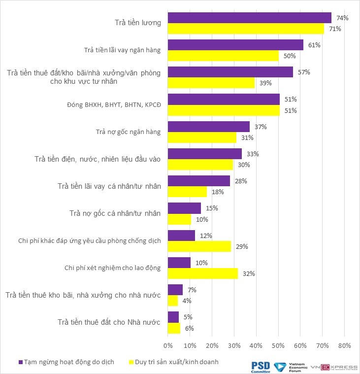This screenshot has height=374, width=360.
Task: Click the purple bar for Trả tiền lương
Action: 249,18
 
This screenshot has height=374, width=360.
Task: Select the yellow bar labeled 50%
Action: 223,56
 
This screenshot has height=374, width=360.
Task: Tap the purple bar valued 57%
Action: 230,72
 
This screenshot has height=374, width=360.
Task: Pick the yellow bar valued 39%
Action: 211,83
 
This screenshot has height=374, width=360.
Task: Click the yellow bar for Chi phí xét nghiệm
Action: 202,273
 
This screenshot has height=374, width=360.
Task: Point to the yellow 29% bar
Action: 199,246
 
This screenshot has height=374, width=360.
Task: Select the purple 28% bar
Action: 198,181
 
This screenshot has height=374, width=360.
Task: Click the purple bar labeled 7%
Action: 175,290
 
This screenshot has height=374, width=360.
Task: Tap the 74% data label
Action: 342,18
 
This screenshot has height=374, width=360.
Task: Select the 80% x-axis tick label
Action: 344,345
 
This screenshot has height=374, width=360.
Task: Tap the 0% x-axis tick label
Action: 168,345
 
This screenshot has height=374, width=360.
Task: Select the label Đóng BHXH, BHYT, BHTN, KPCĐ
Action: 114,105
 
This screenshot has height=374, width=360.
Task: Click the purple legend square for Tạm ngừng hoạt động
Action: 21,362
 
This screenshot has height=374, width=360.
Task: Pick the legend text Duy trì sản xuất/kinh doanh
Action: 177,362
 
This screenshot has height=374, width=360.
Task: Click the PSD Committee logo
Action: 261,367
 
